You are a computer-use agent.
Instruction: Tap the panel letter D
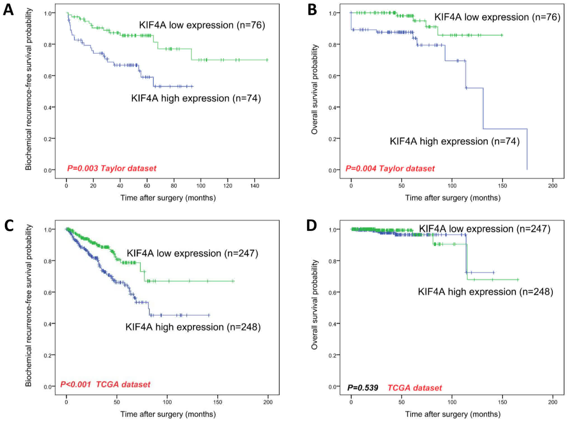[x=311, y=226]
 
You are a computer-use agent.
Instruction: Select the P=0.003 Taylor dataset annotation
[x=112, y=168]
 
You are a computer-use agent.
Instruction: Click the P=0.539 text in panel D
[x=363, y=388]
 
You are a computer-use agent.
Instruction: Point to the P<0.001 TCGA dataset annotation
[x=105, y=384]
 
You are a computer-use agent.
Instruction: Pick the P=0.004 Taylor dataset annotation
[x=390, y=168]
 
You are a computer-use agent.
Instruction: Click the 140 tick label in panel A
[x=255, y=186]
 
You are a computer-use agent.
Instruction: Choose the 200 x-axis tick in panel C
[x=268, y=402]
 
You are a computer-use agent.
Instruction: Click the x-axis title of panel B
[x=453, y=198]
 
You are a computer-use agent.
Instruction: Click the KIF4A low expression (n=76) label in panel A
[x=202, y=25]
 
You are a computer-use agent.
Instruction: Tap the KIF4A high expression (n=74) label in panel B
[x=455, y=141]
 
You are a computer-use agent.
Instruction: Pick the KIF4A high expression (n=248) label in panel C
[x=193, y=327]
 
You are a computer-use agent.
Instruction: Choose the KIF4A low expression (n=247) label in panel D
[x=485, y=229]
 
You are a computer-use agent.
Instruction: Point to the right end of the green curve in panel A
[x=267, y=60]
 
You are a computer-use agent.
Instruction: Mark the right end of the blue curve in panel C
[x=209, y=315]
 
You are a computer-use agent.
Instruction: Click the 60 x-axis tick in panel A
[x=147, y=186]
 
